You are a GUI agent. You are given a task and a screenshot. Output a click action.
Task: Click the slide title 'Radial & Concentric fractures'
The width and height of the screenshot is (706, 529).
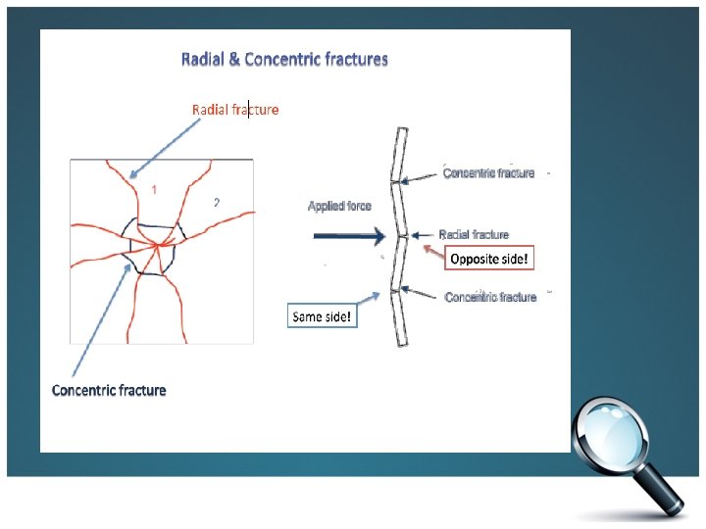[284, 59]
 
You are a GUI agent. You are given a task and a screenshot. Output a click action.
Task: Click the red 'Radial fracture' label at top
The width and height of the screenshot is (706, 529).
[234, 109]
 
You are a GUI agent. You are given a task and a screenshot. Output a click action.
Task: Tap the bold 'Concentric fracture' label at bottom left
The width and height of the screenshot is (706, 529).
[109, 390]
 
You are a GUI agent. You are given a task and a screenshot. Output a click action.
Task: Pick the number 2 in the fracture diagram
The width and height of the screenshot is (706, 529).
[217, 203]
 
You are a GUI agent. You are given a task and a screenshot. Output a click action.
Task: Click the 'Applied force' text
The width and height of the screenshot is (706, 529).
[339, 206]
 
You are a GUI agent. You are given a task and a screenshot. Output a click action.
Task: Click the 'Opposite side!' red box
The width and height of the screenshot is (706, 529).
[490, 260]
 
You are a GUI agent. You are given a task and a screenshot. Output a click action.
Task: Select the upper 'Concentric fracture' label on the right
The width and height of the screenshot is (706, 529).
[489, 173]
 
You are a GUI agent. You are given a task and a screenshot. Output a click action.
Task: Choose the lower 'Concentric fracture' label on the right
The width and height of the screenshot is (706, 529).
[490, 297]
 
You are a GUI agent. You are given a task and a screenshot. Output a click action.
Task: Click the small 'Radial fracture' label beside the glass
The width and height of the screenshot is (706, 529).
[474, 234]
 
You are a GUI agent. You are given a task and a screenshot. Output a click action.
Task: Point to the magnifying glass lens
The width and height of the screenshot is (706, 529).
[616, 433]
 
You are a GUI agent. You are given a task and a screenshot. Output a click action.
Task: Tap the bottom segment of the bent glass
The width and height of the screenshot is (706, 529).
[400, 317]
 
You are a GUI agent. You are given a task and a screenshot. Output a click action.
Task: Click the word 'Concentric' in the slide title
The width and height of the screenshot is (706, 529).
[281, 59]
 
